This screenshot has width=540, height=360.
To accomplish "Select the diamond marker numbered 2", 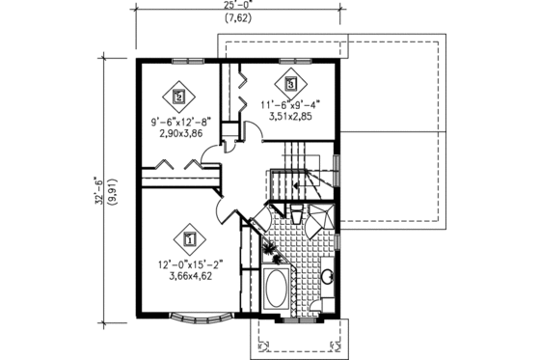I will (x=178, y=96).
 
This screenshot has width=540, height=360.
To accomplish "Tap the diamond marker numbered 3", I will (x=289, y=82).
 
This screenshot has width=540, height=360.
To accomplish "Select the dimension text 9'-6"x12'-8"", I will (x=178, y=122).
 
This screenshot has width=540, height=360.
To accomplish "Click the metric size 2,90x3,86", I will (x=178, y=133).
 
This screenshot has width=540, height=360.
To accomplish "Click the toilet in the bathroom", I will (x=297, y=214).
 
